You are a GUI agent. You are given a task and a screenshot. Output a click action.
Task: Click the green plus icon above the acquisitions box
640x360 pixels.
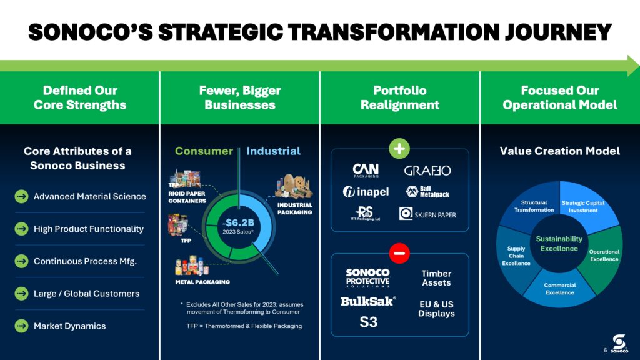[399, 149]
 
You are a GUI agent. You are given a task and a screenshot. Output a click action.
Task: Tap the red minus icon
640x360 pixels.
[399, 253]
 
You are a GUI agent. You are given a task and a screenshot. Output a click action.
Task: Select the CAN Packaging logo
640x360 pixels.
[366, 170]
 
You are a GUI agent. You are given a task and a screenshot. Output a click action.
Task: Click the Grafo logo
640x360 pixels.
[427, 170]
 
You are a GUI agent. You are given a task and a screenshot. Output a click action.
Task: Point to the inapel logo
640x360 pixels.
[366, 191]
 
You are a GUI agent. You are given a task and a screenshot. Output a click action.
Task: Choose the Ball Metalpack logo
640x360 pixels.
[427, 191]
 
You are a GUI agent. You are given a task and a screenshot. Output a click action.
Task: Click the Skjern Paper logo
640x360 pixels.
[427, 214]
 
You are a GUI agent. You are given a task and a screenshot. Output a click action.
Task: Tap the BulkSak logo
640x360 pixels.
[368, 301]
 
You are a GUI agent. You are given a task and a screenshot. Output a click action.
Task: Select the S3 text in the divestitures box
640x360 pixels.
[368, 322]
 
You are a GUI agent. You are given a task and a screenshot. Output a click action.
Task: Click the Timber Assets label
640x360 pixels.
[436, 278]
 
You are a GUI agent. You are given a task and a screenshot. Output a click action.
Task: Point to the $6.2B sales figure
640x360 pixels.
[239, 222]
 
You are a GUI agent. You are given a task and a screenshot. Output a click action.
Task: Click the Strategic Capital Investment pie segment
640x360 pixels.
[586, 205]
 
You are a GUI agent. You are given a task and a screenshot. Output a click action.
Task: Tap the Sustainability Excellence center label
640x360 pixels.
[559, 244]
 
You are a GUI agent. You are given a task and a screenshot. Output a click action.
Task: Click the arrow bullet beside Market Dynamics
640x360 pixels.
[22, 326]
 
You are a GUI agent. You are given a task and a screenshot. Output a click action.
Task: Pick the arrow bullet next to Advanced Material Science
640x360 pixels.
[22, 196]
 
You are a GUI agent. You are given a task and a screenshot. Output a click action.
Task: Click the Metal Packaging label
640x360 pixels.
[202, 282]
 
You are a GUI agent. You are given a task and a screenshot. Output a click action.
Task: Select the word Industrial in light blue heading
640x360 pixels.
[274, 151]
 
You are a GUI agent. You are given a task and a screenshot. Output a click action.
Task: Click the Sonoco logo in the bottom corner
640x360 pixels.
[619, 344]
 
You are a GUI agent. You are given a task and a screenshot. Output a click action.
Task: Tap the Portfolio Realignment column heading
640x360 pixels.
[400, 97]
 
